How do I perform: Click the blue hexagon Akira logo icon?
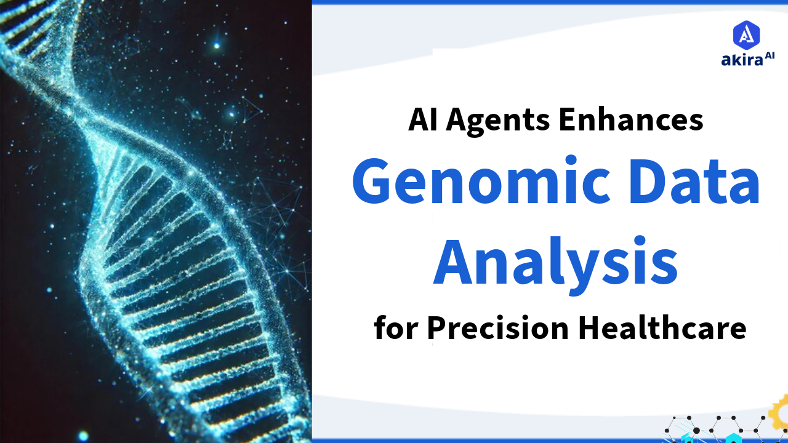[x=746, y=35]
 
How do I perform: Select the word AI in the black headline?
[x=423, y=119]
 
